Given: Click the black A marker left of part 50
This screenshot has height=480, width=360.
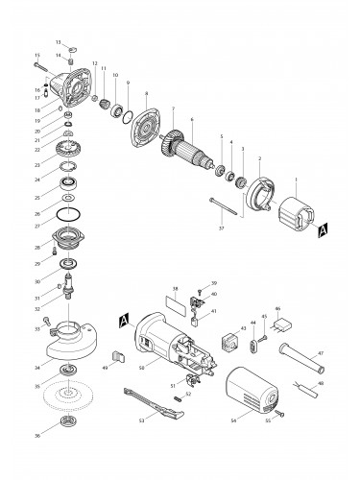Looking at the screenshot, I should pyautogui.click(x=123, y=318).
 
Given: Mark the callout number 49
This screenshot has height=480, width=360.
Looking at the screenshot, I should pyautogui.click(x=104, y=368).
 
